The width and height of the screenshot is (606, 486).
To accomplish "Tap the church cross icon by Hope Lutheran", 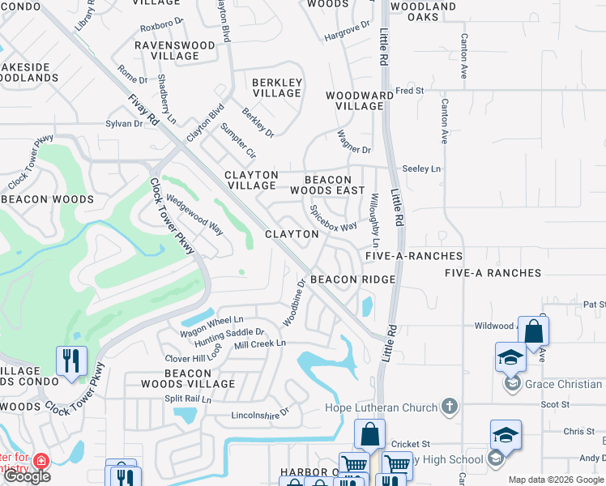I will tap(450, 407).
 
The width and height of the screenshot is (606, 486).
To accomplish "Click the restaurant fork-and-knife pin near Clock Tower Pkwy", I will tap(71, 360).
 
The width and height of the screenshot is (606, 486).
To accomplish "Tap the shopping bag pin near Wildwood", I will tap(533, 331).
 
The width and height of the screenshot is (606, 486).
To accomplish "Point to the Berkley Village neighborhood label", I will tap(277, 87).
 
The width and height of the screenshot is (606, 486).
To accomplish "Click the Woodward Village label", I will tap(354, 100).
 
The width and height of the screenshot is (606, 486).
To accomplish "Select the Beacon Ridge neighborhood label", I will tap(353, 279).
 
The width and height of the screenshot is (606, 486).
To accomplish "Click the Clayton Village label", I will tap(251, 180).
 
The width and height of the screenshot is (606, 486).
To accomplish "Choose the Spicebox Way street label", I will tap(334, 218).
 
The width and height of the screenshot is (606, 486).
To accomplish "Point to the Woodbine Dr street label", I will tap(293, 304).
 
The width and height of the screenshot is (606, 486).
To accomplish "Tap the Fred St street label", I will tap(409, 91).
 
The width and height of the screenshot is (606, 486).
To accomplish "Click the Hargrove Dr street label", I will tap(347, 35).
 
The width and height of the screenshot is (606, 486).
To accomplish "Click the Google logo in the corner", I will tap(27, 476).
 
